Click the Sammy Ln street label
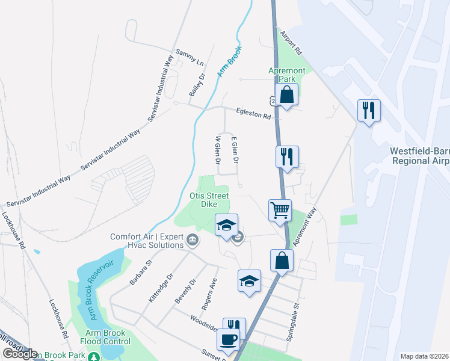point(190,57)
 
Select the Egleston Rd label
point(254,113)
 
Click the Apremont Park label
point(286,75)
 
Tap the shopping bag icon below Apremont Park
point(287,94)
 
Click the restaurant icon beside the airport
point(368,111)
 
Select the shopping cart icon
point(280,211)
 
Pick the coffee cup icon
point(228,340)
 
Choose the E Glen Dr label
point(235,149)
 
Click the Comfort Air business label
point(146,241)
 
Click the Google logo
point(19,354)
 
